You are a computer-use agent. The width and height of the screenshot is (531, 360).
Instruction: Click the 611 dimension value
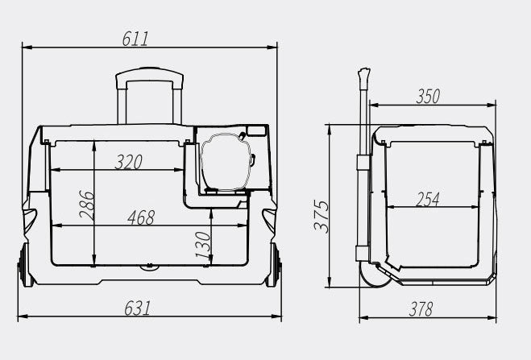[x=135, y=39]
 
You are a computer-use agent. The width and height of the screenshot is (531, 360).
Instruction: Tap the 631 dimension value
[x=137, y=308]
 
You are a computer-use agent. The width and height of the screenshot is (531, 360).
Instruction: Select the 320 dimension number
[x=129, y=162]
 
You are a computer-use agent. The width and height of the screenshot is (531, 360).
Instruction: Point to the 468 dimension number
[x=141, y=217]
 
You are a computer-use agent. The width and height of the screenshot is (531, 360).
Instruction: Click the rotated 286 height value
[x=86, y=205]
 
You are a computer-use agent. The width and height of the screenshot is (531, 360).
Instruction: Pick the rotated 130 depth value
[x=203, y=244]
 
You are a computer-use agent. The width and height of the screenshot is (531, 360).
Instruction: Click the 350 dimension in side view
[x=428, y=97]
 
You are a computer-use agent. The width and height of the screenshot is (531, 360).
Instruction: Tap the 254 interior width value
[x=428, y=199]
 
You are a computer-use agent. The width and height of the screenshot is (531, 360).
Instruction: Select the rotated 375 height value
[x=321, y=216]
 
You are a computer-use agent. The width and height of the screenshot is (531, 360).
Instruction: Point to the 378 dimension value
[x=421, y=309]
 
